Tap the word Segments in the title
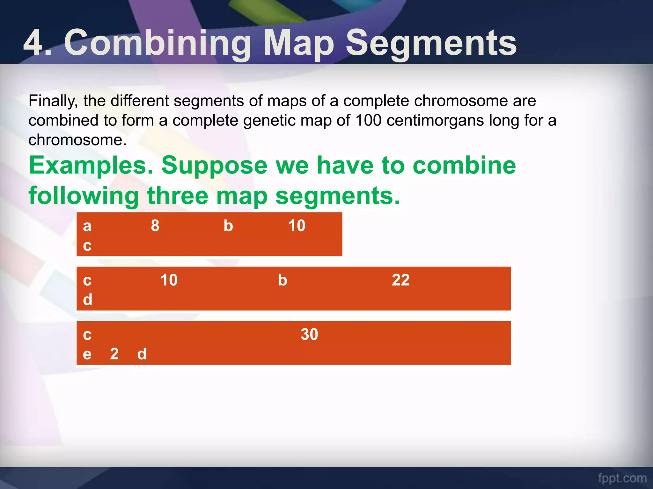pos(431,43)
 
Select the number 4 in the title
pos(33,43)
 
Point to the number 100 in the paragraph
pos(368,121)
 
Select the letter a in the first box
pos(87,226)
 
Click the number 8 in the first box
pos(155,226)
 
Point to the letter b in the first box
pos(228,226)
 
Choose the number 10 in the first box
pos(297,226)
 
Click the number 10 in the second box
pos(169,280)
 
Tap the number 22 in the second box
pos(400,280)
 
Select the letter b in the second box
pos(282,280)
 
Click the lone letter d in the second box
pos(88,300)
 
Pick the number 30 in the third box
pos(309,334)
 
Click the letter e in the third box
pos(87,354)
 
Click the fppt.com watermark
pos(622,478)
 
